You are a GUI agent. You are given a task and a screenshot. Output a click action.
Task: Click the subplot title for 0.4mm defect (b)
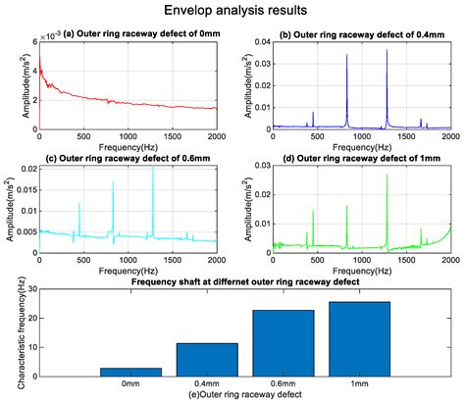point(362,34)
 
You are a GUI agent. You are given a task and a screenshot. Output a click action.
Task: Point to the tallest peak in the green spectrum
point(387,175)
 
